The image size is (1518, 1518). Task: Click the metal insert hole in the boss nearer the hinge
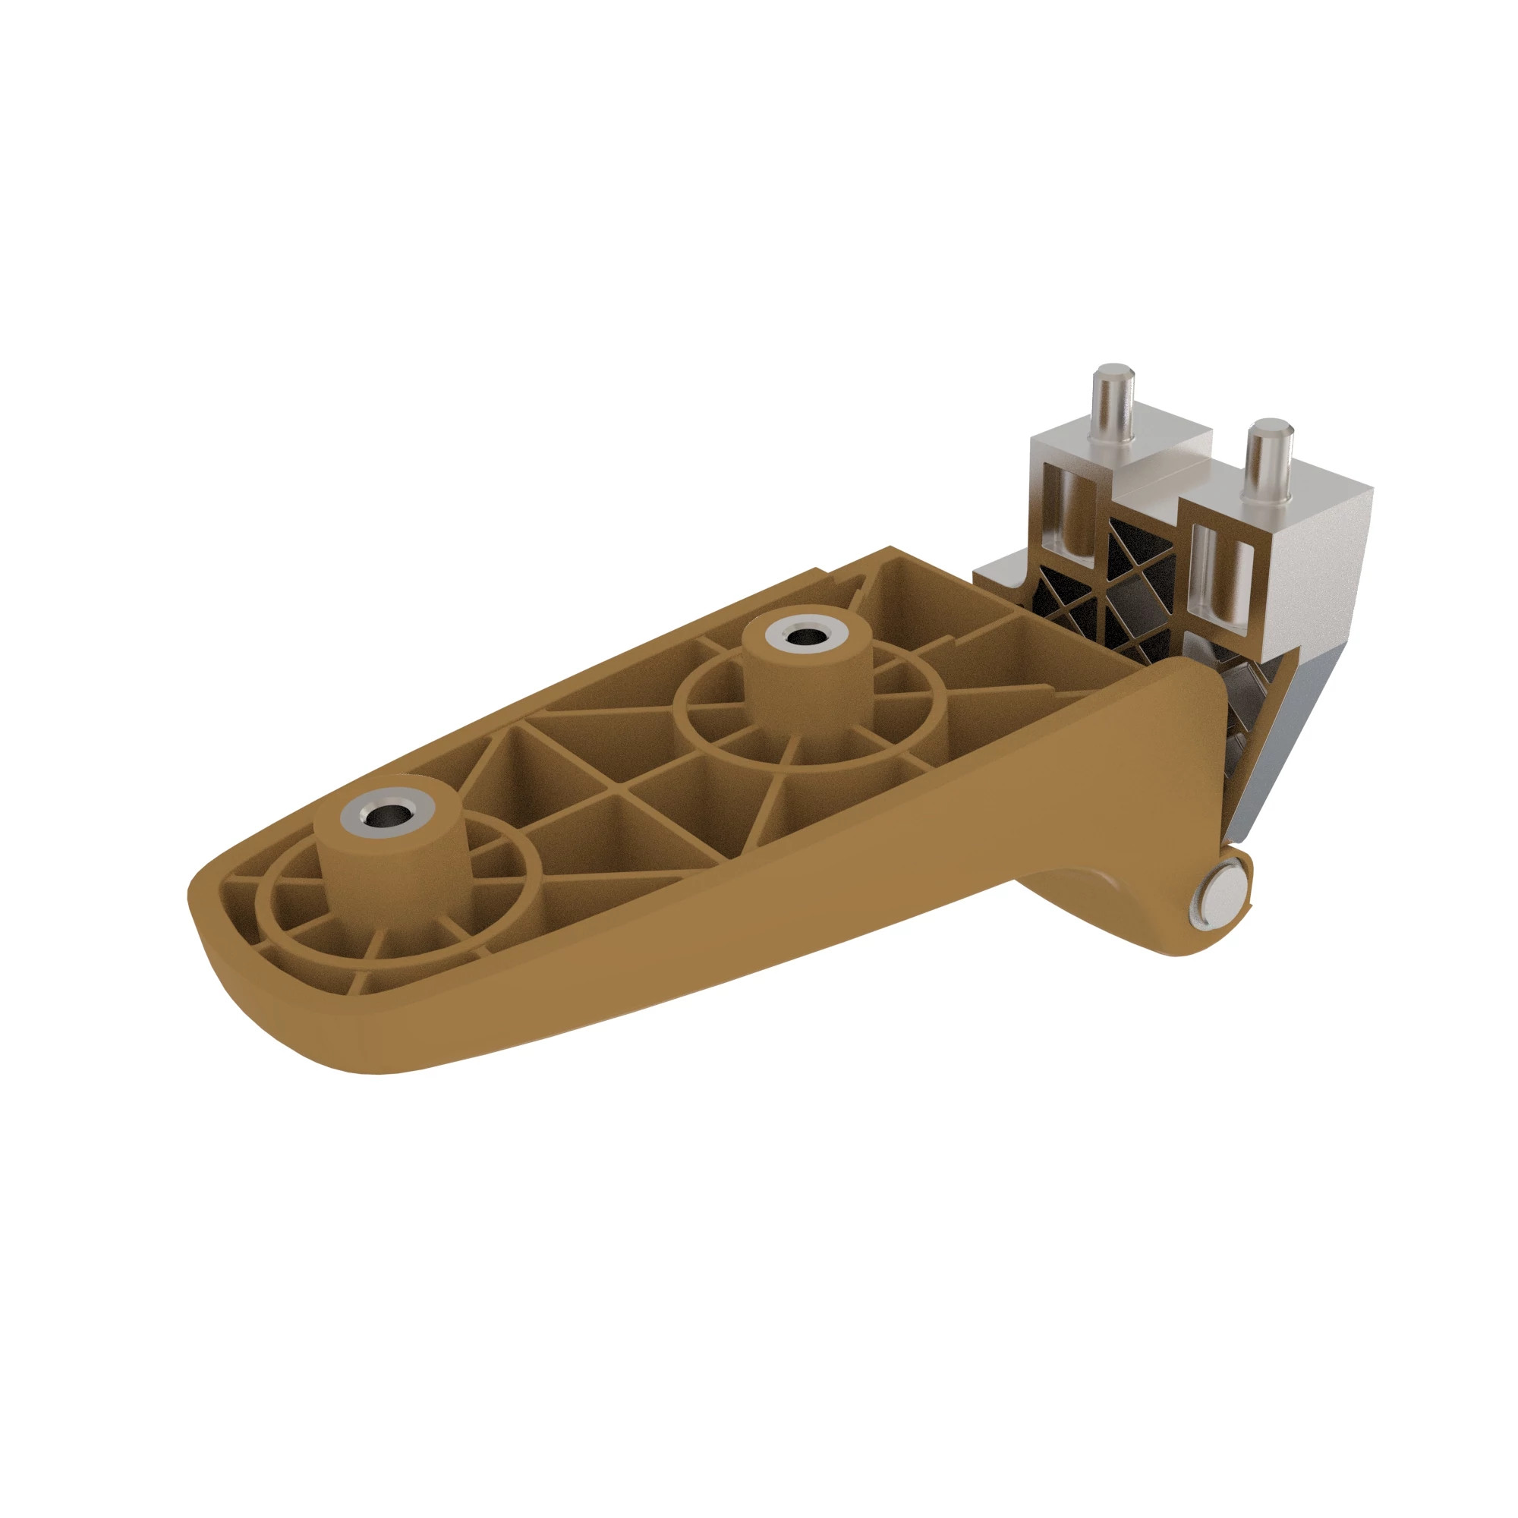pos(803,635)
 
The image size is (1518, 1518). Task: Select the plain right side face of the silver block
pos(1327,550)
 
